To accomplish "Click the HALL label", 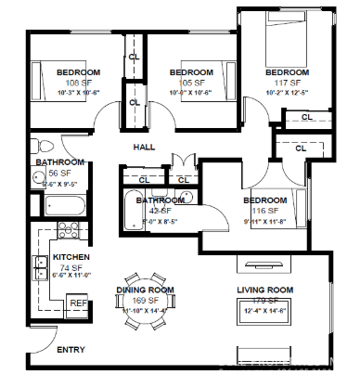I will point(145,148).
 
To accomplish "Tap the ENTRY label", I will point(71,350).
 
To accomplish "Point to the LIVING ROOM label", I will point(264,290).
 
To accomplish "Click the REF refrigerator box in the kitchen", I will point(77,303).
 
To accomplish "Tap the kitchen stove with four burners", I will point(68,232).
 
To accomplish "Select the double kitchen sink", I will point(42,266).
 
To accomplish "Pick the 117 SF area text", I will point(287,83).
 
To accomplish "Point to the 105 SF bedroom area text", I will point(192,83).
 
